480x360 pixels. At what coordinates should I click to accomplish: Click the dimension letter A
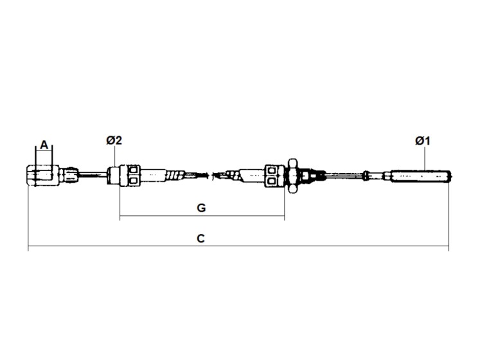[44, 145]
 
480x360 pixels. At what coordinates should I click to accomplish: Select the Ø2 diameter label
[114, 140]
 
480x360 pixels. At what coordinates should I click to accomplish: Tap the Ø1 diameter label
[422, 141]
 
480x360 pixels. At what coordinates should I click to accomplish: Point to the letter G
[201, 208]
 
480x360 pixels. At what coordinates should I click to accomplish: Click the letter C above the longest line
[200, 239]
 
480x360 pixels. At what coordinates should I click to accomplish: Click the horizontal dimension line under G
[202, 216]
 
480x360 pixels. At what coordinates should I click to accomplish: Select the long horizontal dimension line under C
[238, 246]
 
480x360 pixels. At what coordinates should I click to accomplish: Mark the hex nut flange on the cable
[292, 176]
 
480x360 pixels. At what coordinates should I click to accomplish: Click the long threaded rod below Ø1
[420, 176]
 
